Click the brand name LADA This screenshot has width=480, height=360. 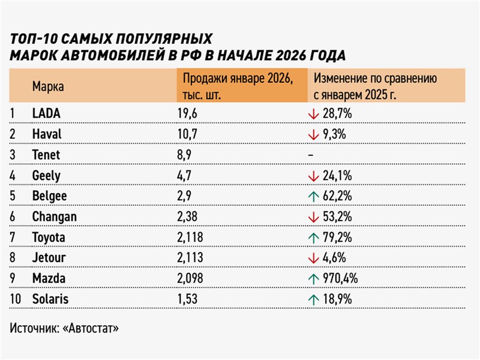[x=46, y=113]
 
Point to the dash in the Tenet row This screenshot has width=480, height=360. [x=310, y=155]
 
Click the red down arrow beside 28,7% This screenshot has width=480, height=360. [x=311, y=113]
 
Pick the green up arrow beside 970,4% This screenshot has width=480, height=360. [x=311, y=279]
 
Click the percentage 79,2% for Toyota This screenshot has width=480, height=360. [x=337, y=238]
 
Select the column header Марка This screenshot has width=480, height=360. [x=48, y=86]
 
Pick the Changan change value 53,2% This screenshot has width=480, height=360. [x=337, y=217]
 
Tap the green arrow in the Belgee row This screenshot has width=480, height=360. [x=311, y=196]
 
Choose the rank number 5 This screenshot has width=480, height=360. [x=13, y=196]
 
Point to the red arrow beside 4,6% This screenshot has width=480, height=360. [x=311, y=258]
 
